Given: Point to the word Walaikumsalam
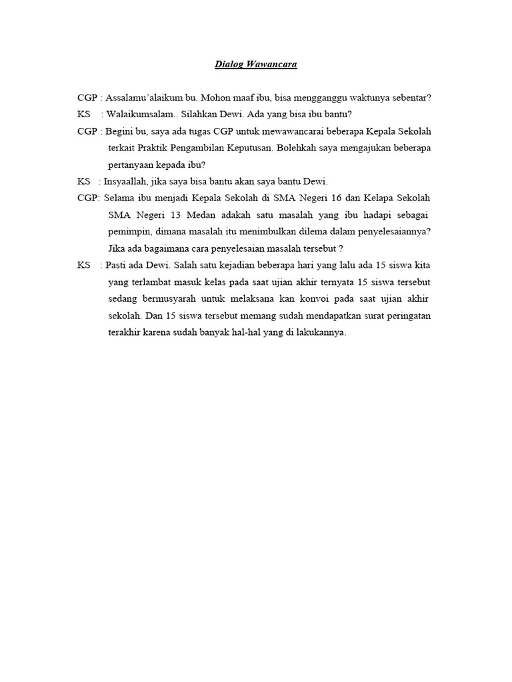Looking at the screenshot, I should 136,115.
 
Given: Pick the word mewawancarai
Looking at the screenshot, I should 303,131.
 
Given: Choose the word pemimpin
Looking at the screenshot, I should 128,232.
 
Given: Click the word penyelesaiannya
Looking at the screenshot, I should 392,232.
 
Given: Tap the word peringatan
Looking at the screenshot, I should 408,316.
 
